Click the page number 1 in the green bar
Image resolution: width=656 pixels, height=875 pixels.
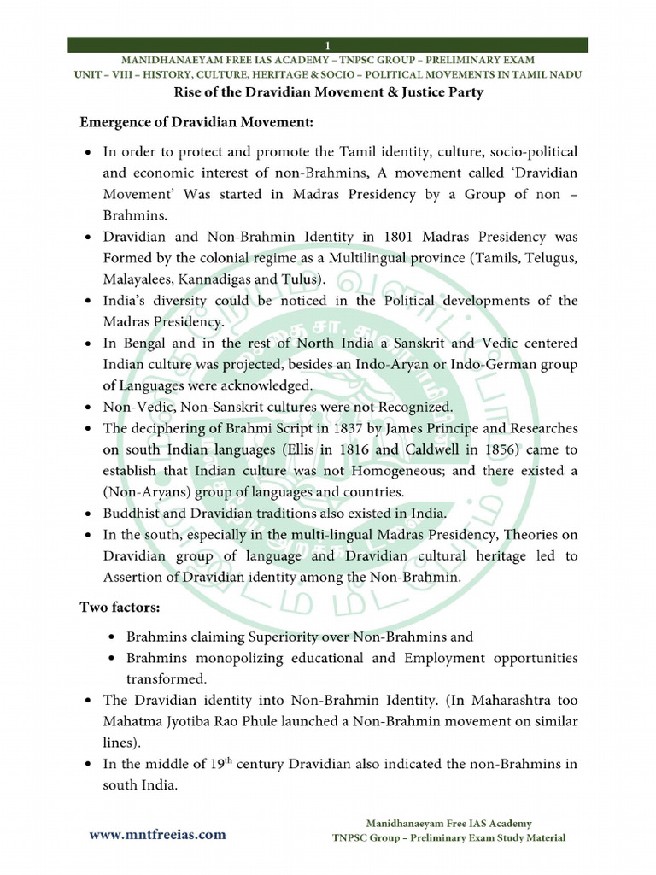(327, 44)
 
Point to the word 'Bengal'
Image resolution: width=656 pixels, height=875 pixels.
(145, 343)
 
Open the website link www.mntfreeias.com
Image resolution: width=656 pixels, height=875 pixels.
(158, 835)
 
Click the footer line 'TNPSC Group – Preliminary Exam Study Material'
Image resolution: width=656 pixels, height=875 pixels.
(448, 837)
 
